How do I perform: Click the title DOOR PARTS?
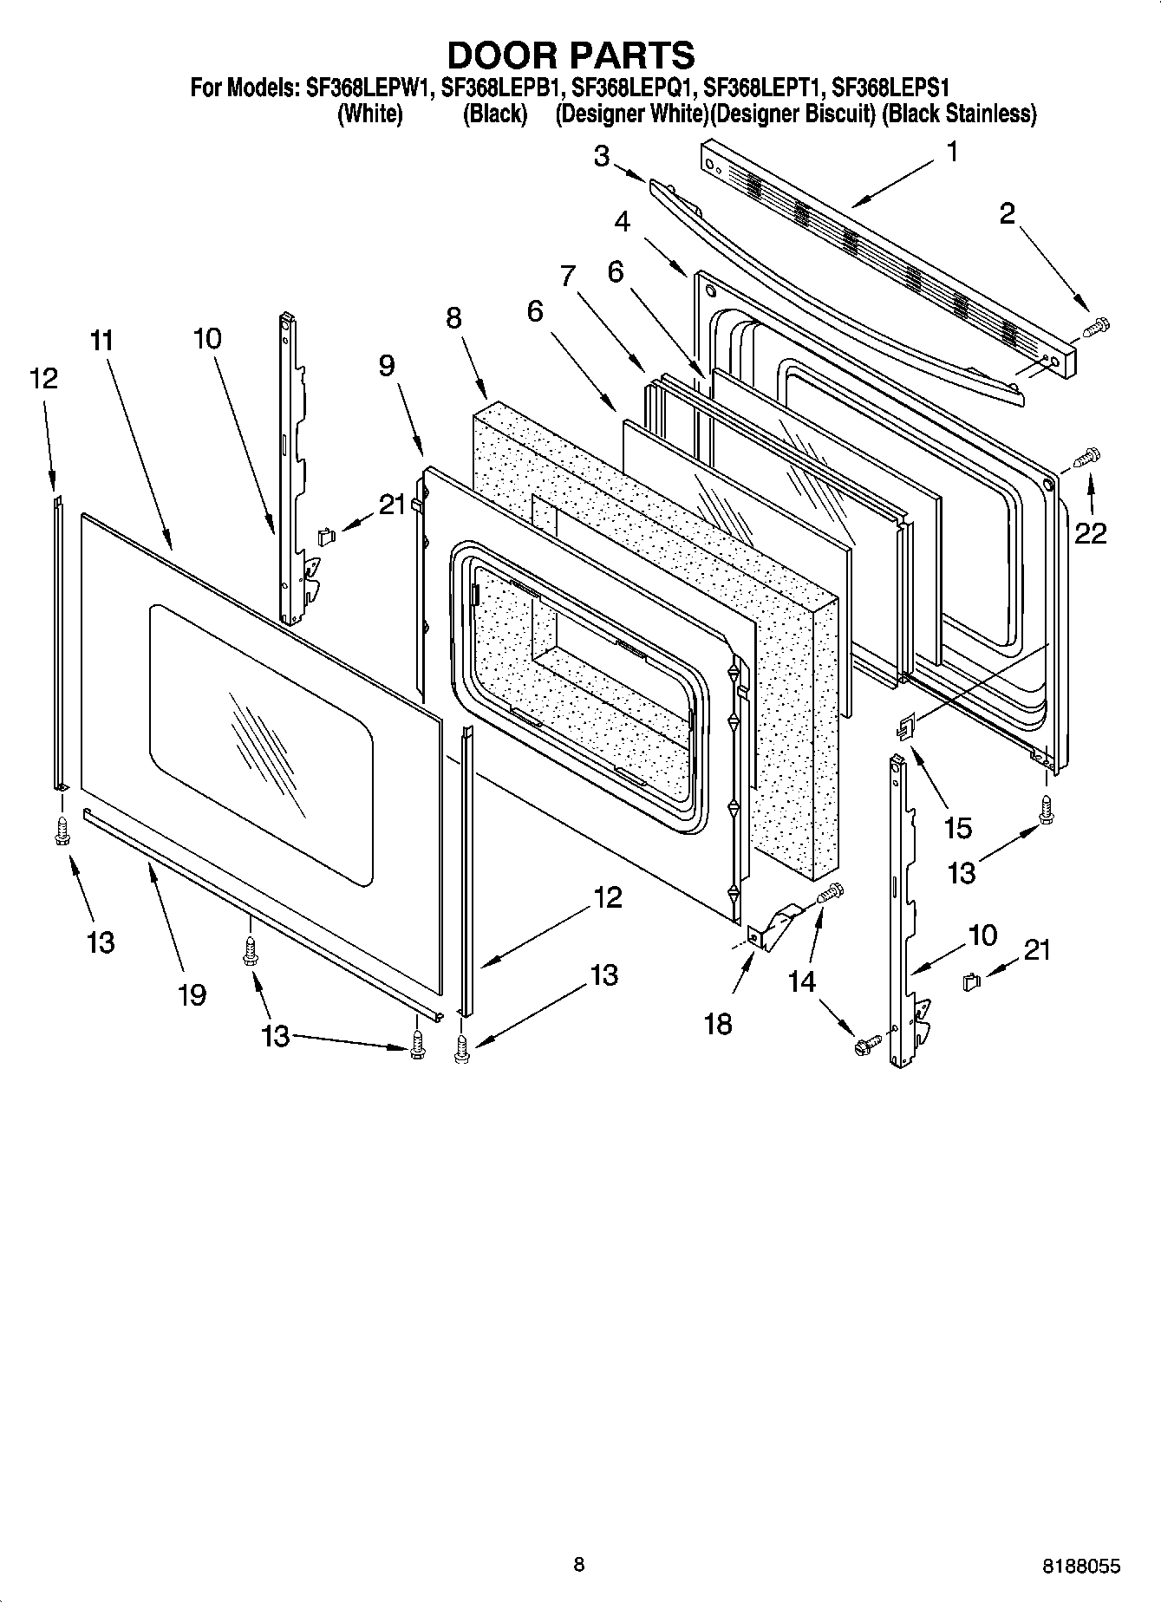click(570, 55)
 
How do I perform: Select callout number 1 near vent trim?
click(951, 153)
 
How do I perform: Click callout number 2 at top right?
click(1007, 213)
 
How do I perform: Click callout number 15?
click(957, 828)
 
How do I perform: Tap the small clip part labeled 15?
click(904, 727)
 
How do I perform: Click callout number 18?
click(718, 1024)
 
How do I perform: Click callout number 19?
click(192, 994)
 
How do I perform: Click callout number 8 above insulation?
click(453, 318)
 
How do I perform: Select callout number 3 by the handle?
click(602, 156)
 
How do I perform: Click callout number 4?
click(622, 221)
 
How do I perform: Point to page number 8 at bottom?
click(579, 1564)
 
